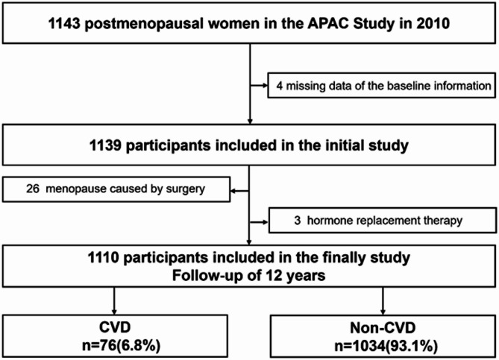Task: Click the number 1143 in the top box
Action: tap(64, 24)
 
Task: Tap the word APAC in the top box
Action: tap(328, 24)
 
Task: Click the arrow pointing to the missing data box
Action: tap(259, 86)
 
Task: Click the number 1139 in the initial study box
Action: tap(105, 145)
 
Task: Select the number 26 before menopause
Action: tap(33, 189)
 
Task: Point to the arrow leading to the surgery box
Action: tap(239, 191)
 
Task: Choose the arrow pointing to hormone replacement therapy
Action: tap(259, 222)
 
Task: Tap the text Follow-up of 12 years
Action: tap(248, 276)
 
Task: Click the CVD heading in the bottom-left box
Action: tap(115, 327)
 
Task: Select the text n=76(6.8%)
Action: tap(121, 345)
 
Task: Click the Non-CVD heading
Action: tap(383, 327)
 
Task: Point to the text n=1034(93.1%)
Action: tap(386, 346)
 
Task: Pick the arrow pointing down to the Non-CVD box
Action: tap(383, 301)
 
